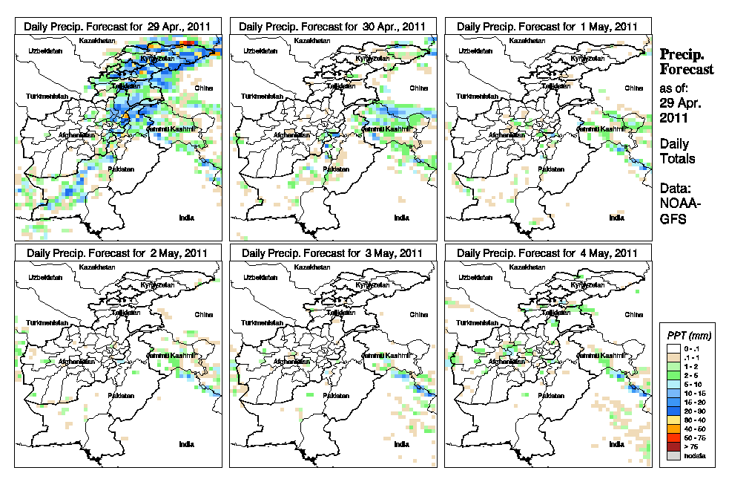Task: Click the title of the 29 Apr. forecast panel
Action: click(x=118, y=26)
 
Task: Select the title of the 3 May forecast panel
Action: click(x=332, y=253)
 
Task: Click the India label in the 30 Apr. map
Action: click(x=401, y=218)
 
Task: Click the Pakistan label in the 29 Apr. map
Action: click(x=121, y=169)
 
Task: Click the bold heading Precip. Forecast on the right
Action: click(x=687, y=62)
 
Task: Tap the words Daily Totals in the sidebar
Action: click(x=677, y=151)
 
